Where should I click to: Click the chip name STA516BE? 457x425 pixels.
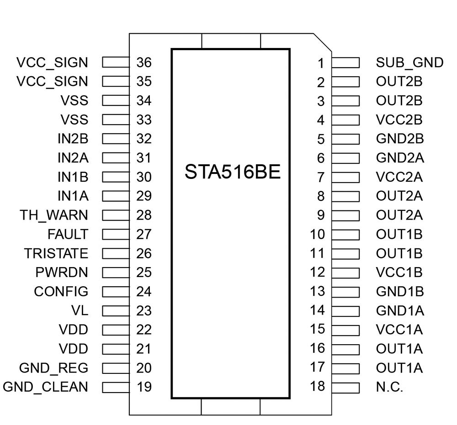coord(232,173)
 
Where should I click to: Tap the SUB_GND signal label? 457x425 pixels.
coord(409,63)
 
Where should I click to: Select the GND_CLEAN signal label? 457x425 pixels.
coord(45,387)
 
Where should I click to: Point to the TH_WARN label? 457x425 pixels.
coord(54,215)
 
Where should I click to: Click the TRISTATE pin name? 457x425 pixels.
coord(56,253)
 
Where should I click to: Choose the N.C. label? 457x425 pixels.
coord(389,387)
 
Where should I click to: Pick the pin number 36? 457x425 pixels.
coord(143,63)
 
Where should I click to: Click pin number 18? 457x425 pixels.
coord(317,386)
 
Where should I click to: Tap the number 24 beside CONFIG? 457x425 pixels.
coord(143,292)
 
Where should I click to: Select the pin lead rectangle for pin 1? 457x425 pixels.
coord(345,63)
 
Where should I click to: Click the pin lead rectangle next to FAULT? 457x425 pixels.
coord(116,234)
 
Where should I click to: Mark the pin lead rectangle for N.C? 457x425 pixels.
coord(345,387)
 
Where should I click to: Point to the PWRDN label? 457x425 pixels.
coord(62,273)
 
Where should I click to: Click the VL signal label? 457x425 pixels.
coord(80,310)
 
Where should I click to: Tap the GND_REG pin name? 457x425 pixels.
coord(53,368)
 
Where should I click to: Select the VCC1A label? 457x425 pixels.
coord(399,330)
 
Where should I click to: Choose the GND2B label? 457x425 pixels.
coord(400,138)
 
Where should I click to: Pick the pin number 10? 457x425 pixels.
coord(317,234)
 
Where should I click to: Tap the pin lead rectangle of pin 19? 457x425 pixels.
coord(116,387)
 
